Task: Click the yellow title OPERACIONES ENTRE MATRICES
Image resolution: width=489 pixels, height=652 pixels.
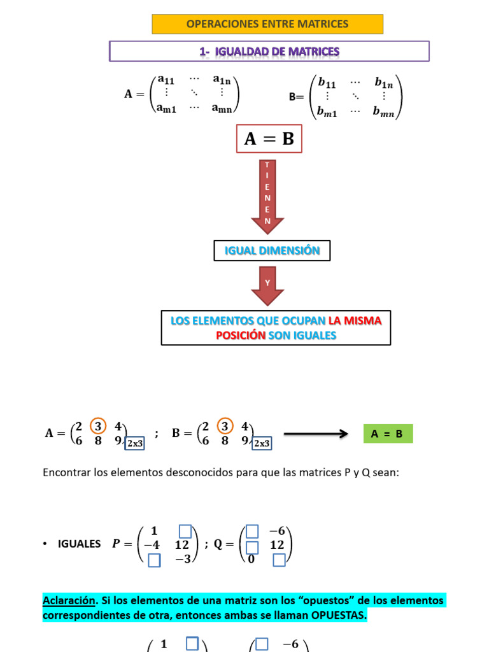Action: pyautogui.click(x=267, y=24)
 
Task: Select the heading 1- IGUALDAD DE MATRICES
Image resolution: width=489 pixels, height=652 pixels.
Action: pyautogui.click(x=269, y=52)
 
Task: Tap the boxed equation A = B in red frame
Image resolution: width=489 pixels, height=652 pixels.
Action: pyautogui.click(x=269, y=139)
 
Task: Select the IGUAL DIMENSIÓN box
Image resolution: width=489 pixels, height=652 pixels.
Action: pyautogui.click(x=272, y=251)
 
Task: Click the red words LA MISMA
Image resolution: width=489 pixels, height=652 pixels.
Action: pyautogui.click(x=355, y=321)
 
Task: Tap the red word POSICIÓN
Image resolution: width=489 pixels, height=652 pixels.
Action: pyautogui.click(x=240, y=335)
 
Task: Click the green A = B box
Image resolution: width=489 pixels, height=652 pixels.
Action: pyautogui.click(x=387, y=434)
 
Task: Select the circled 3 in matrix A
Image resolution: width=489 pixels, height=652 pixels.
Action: pyautogui.click(x=97, y=426)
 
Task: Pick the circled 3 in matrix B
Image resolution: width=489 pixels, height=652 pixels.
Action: pyautogui.click(x=224, y=426)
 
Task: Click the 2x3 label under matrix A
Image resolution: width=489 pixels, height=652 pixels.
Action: pyautogui.click(x=134, y=443)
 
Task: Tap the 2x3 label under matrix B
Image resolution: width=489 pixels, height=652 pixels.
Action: pyautogui.click(x=261, y=443)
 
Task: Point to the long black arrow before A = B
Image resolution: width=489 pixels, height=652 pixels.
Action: pyautogui.click(x=316, y=434)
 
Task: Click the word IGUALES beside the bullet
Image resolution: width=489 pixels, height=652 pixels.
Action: pyautogui.click(x=79, y=544)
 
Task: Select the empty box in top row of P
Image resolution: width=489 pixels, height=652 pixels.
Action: pyautogui.click(x=185, y=530)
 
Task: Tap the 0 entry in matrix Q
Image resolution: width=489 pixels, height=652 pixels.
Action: pyautogui.click(x=252, y=559)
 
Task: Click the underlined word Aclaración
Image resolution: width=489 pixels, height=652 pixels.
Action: pyautogui.click(x=68, y=600)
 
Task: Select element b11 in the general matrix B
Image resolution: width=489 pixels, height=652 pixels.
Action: pyautogui.click(x=327, y=82)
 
